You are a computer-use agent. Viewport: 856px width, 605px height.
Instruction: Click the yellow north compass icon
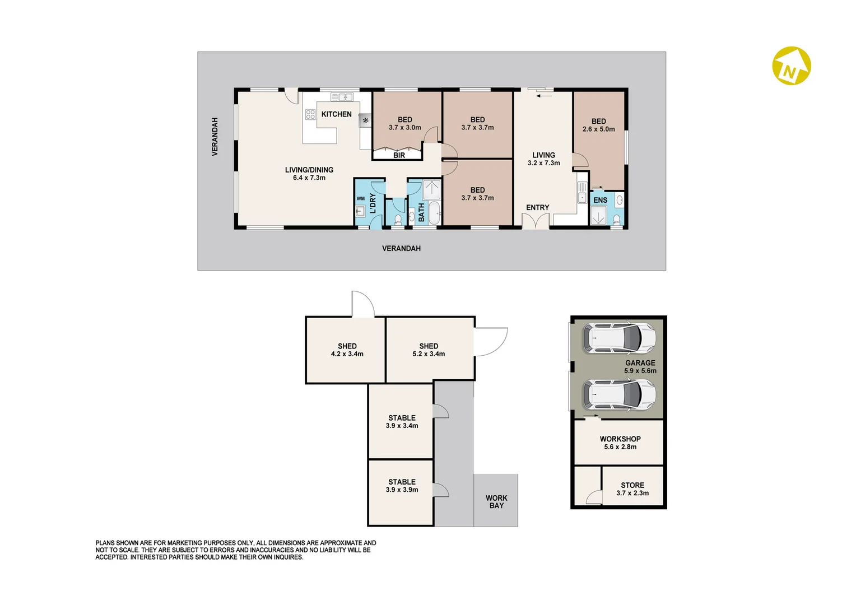pyautogui.click(x=791, y=66)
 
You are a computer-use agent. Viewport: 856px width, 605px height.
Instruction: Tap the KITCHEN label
pyautogui.click(x=336, y=114)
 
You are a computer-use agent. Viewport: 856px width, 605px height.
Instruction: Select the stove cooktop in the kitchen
pyautogui.click(x=310, y=115)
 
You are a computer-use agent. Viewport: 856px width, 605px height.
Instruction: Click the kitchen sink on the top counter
pyautogui.click(x=342, y=97)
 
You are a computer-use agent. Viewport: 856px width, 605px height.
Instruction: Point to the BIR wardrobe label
pyautogui.click(x=399, y=155)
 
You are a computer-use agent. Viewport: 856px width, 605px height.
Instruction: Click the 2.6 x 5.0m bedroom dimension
pyautogui.click(x=598, y=129)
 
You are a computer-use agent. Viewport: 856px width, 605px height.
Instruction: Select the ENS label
pyautogui.click(x=600, y=200)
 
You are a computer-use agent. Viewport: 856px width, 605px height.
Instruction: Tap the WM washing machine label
pyautogui.click(x=360, y=198)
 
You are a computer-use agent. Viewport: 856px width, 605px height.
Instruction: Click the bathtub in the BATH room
pyautogui.click(x=434, y=213)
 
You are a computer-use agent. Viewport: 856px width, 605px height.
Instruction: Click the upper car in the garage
pyautogui.click(x=618, y=338)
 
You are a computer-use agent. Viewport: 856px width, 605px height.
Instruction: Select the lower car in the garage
pyautogui.click(x=618, y=394)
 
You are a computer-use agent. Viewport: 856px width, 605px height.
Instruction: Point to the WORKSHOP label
pyautogui.click(x=620, y=439)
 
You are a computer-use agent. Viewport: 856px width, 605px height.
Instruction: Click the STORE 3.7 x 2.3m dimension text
pyautogui.click(x=632, y=494)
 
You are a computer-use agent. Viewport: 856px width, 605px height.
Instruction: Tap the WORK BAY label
pyautogui.click(x=496, y=502)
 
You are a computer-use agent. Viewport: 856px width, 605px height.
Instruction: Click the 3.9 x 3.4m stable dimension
pyautogui.click(x=402, y=426)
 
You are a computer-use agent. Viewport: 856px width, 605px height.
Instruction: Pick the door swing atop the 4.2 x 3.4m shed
pyautogui.click(x=362, y=304)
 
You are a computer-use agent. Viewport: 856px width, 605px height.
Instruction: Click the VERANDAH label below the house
pyautogui.click(x=401, y=248)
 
